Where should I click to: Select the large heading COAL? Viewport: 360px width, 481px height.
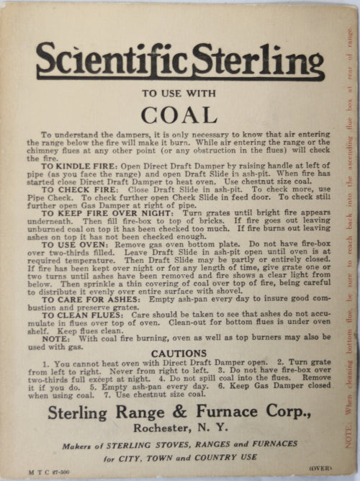click(180, 114)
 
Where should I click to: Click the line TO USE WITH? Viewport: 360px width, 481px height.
click(180, 92)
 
